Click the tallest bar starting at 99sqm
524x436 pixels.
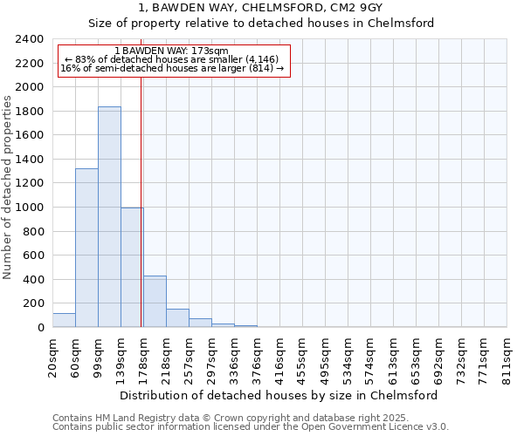(x=109, y=217)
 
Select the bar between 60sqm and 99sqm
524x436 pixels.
(x=86, y=248)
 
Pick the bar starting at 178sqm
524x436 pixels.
(x=155, y=302)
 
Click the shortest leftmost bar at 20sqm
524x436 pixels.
(x=64, y=320)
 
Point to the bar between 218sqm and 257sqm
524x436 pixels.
(x=177, y=318)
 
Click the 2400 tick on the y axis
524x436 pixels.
(x=31, y=39)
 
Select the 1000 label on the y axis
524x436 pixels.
(x=31, y=208)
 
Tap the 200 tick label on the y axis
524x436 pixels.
(x=34, y=303)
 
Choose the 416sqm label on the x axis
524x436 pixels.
(x=280, y=356)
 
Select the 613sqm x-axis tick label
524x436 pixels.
(x=394, y=356)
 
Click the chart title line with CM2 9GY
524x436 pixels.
(x=261, y=7)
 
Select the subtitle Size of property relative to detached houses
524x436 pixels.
(x=261, y=24)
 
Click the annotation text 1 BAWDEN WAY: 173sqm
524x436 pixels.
(x=171, y=51)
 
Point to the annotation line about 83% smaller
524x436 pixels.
(x=171, y=59)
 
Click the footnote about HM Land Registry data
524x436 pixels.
(x=224, y=417)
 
